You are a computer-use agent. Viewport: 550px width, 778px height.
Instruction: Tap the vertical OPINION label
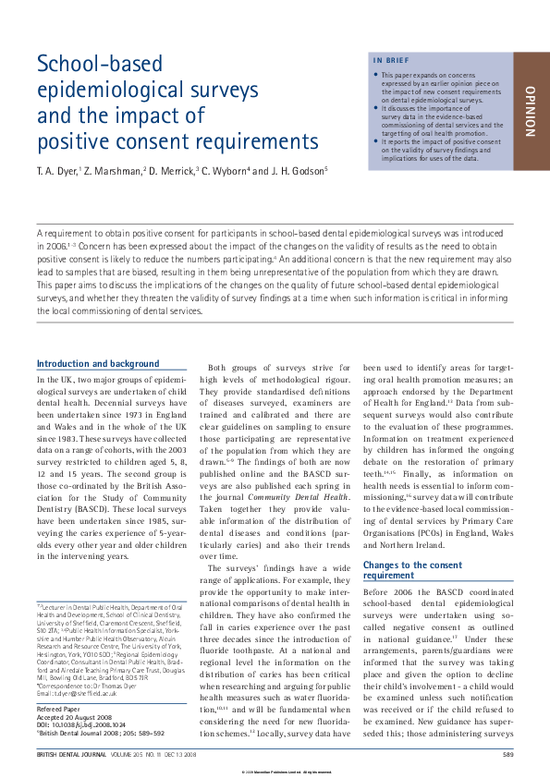point(530,111)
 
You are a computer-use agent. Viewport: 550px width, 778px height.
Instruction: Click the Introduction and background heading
point(97,364)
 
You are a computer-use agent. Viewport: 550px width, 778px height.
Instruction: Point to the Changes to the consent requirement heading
point(400,569)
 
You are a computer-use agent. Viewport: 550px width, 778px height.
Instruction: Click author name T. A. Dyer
point(58,171)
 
